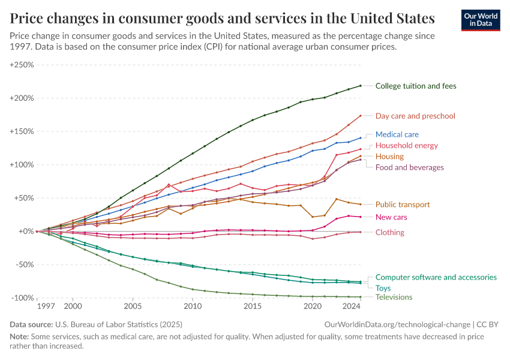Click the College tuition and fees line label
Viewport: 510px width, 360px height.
tap(415, 86)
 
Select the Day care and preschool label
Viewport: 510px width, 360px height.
tap(415, 116)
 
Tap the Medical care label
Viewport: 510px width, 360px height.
tap(397, 134)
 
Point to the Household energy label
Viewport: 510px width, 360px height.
tap(406, 145)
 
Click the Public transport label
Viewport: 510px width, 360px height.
tap(402, 205)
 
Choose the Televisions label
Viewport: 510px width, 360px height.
tap(394, 297)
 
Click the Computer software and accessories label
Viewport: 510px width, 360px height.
tap(436, 277)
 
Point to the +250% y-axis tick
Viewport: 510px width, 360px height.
tap(21, 65)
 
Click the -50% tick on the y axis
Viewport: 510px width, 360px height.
tap(23, 265)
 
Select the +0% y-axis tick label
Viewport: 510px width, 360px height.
tap(25, 231)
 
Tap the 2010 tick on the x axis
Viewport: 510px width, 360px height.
tap(193, 306)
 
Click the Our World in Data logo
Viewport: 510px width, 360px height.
tap(481, 20)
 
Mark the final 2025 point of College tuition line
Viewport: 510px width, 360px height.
tap(360, 86)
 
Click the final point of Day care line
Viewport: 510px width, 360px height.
tap(360, 116)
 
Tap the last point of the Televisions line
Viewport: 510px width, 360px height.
tap(360, 297)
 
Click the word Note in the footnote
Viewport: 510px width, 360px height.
tap(19, 337)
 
